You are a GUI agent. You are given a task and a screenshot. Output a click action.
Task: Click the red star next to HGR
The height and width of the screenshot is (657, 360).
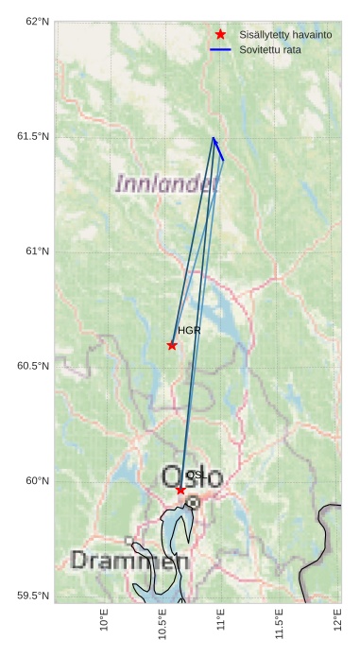(x=172, y=345)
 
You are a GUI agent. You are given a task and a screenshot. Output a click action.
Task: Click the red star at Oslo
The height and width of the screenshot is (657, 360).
(x=180, y=490)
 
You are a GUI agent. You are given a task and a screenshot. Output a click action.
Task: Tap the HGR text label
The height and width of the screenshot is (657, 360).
(x=189, y=331)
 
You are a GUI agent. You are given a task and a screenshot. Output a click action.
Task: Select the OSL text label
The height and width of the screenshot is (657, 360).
(x=196, y=475)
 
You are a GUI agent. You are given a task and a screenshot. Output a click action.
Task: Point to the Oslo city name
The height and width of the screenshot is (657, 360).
(x=193, y=477)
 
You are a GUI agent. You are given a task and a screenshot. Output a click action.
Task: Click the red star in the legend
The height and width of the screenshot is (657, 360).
(x=220, y=34)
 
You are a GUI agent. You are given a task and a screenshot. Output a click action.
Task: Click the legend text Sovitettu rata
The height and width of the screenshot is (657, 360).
(x=270, y=48)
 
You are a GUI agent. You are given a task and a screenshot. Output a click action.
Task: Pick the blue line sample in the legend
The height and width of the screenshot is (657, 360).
(x=220, y=48)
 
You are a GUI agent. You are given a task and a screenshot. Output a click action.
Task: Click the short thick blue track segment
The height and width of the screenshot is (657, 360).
(x=218, y=149)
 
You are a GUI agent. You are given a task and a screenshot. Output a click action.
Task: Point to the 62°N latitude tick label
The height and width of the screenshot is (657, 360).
(x=37, y=21)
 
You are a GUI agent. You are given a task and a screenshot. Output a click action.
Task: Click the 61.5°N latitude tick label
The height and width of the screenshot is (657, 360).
(x=34, y=136)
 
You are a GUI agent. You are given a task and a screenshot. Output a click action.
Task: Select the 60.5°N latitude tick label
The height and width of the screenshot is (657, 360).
(x=34, y=366)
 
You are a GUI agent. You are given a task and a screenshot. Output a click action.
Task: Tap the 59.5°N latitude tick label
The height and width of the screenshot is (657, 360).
(x=34, y=596)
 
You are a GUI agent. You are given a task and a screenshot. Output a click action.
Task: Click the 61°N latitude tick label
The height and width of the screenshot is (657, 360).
(x=37, y=251)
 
